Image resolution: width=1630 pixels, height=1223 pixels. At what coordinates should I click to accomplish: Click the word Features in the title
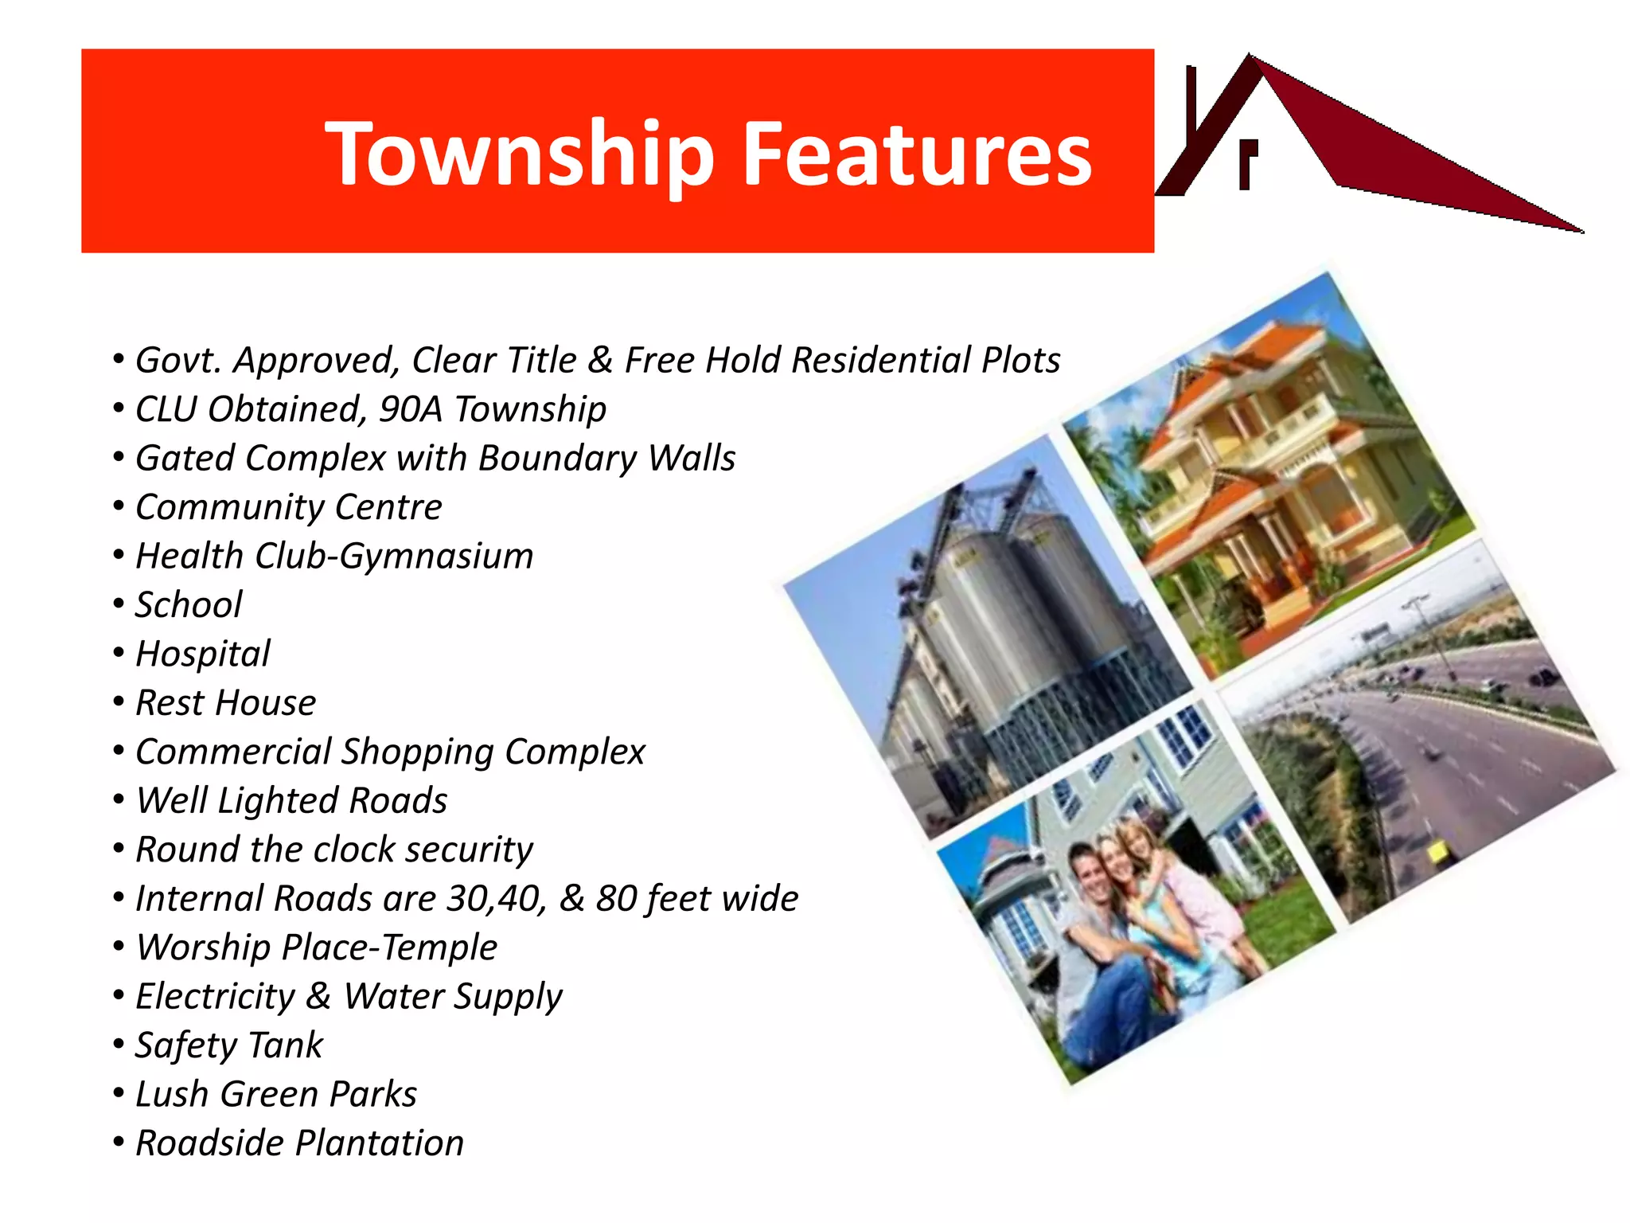point(917,154)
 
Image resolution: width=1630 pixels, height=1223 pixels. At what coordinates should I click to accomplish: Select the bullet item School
point(189,605)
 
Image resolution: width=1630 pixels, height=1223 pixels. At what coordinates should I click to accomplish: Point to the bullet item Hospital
point(203,654)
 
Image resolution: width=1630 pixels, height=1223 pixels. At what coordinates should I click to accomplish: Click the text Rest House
point(226,703)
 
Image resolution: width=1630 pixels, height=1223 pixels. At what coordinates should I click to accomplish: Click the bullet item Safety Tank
point(229,1045)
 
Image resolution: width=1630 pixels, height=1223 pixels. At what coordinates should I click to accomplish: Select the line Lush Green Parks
point(276,1094)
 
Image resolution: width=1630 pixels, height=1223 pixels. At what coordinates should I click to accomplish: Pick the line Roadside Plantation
point(299,1143)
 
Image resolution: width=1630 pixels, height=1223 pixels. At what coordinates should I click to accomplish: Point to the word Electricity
point(215,997)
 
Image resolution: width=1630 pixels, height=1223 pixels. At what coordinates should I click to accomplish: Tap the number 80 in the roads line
point(616,899)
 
